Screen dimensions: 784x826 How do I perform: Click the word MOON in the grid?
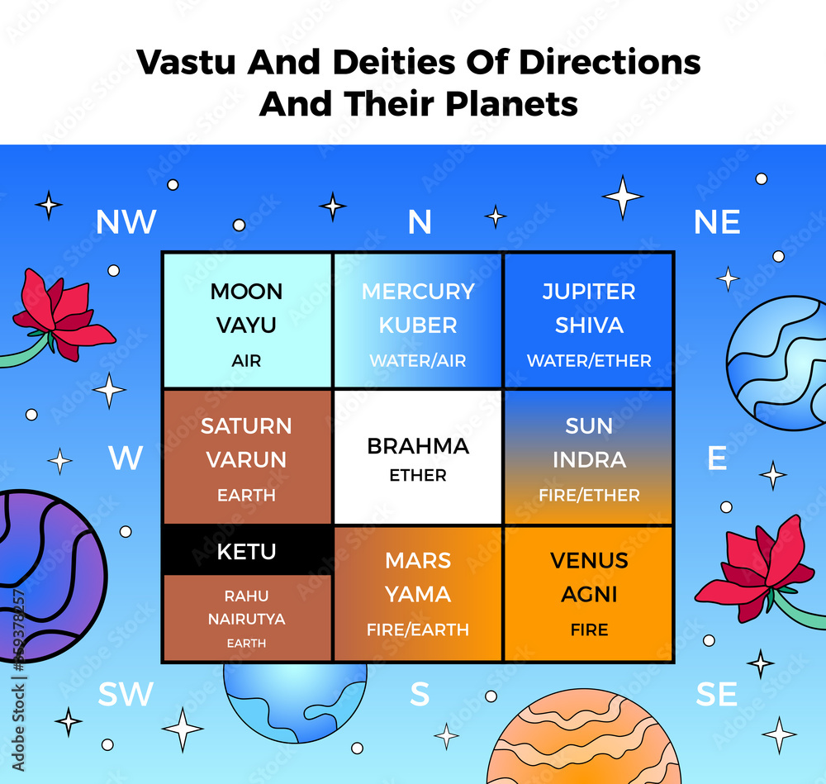click(246, 292)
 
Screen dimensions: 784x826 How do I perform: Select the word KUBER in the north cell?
click(418, 325)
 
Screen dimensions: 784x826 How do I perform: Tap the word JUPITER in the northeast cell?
click(589, 292)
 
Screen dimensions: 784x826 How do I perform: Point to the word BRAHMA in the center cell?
click(418, 446)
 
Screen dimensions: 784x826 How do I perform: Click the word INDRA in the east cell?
click(589, 460)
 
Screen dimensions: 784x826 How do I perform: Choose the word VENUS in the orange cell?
click(589, 560)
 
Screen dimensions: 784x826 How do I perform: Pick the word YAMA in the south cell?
click(418, 594)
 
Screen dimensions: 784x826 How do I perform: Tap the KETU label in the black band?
click(246, 551)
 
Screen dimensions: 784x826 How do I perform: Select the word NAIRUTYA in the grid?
click(246, 619)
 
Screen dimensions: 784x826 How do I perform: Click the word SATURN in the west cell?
click(246, 426)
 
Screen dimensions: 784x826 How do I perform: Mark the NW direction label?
click(126, 221)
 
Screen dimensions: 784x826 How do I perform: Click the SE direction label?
click(716, 695)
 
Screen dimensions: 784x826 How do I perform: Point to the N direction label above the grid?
click(420, 221)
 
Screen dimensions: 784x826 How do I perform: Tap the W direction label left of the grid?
click(126, 458)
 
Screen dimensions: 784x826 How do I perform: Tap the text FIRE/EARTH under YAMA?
click(418, 630)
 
